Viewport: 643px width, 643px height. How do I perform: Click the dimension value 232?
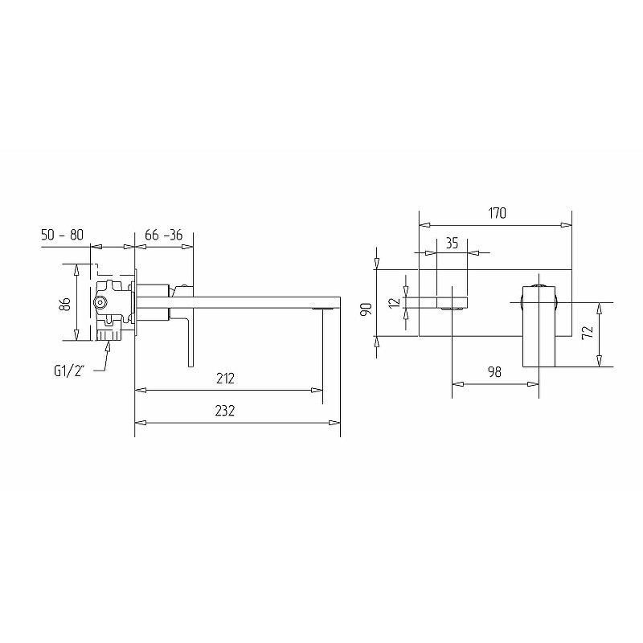(225, 411)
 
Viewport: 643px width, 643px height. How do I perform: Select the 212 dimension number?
(225, 378)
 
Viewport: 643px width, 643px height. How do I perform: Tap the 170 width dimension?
(497, 213)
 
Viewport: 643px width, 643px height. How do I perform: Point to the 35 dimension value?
(452, 244)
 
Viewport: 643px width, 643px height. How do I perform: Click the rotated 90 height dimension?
(367, 309)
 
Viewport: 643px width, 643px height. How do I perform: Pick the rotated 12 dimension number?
(394, 303)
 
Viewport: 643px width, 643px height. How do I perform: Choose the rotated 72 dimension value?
(588, 331)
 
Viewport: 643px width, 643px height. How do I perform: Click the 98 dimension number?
(494, 372)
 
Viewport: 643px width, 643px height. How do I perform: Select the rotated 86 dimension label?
(65, 304)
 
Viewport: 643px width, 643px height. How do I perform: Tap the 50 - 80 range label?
(62, 235)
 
